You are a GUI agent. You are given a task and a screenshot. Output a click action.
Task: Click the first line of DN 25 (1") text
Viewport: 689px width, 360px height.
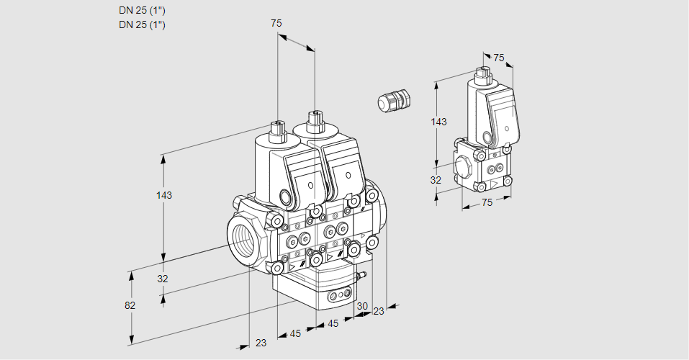coord(142,11)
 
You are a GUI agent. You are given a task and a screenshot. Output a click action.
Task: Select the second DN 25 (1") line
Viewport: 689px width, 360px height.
coord(142,24)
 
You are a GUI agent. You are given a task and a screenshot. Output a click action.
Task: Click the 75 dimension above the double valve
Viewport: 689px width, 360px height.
coord(276,24)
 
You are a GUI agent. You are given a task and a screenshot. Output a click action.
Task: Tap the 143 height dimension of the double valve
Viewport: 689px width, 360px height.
coord(165,195)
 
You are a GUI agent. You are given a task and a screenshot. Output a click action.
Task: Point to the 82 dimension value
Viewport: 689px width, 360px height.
coord(130,305)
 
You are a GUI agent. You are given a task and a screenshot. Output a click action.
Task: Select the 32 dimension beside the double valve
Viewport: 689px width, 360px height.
coord(162,279)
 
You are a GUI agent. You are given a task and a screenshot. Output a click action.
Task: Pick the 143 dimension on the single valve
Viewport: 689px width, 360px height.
coord(438,122)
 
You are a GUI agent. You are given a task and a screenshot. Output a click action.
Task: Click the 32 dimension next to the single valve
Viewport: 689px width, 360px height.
coord(436,180)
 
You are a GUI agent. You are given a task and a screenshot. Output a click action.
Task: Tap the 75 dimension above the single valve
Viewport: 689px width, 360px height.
coord(499,58)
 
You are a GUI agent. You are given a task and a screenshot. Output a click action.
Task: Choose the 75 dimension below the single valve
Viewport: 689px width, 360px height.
coord(487,203)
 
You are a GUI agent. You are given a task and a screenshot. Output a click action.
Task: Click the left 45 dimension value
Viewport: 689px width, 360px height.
coord(295,333)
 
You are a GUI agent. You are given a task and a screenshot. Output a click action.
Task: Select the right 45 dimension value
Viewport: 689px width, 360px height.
coord(333,324)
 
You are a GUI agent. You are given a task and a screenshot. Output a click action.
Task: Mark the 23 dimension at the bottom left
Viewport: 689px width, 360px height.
coord(261,343)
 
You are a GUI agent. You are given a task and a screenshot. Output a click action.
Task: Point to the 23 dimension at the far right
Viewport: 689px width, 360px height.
coord(379,312)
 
